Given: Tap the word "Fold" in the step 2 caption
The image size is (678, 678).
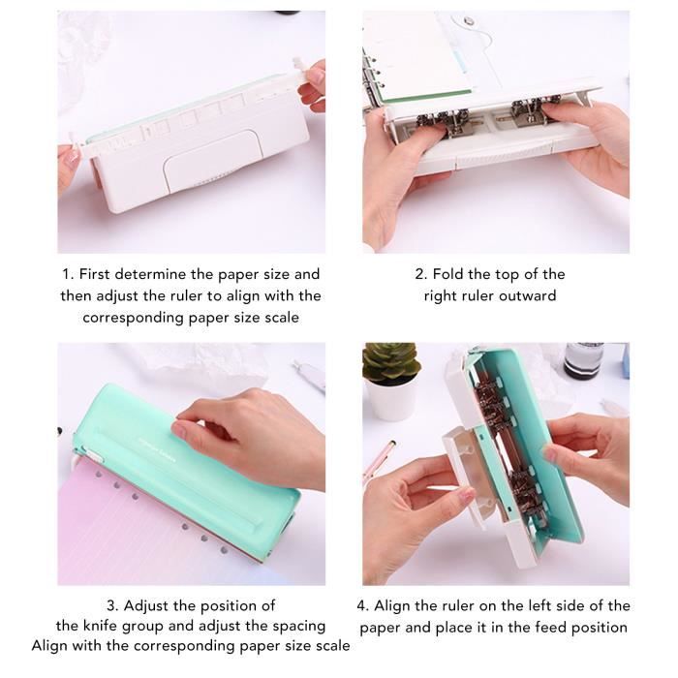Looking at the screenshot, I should tap(449, 274).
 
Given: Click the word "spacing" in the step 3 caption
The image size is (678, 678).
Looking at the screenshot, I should tap(295, 626).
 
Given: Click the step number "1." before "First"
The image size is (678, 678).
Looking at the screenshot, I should tap(68, 274).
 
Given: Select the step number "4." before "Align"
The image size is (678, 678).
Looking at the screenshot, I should tap(362, 605).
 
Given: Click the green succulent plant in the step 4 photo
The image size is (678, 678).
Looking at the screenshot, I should tap(391, 362).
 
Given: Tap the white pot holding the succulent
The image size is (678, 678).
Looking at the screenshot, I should tap(391, 400).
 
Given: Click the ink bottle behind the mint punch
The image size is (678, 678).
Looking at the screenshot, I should tap(583, 360).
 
